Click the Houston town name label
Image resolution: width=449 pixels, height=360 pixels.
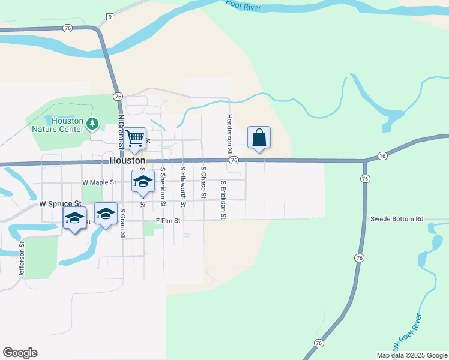tap(127, 161)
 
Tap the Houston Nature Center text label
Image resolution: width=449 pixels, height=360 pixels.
tap(67, 124)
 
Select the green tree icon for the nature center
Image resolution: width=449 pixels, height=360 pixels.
tap(92, 124)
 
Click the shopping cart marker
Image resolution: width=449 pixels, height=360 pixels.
tap(136, 138)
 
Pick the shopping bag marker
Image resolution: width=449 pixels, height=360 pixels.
tap(259, 137)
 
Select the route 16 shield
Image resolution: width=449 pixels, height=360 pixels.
tap(383, 156)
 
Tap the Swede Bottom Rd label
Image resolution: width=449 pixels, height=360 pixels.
tap(397, 219)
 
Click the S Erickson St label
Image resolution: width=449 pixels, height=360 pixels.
tap(223, 200)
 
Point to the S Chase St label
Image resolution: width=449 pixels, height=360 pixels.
tap(203, 182)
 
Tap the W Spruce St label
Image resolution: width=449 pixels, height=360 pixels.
tap(60, 204)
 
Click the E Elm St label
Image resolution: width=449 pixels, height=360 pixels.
tap(169, 221)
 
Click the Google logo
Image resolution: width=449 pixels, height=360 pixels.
tap(20, 353)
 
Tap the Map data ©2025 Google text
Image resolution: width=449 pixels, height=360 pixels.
tap(411, 355)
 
